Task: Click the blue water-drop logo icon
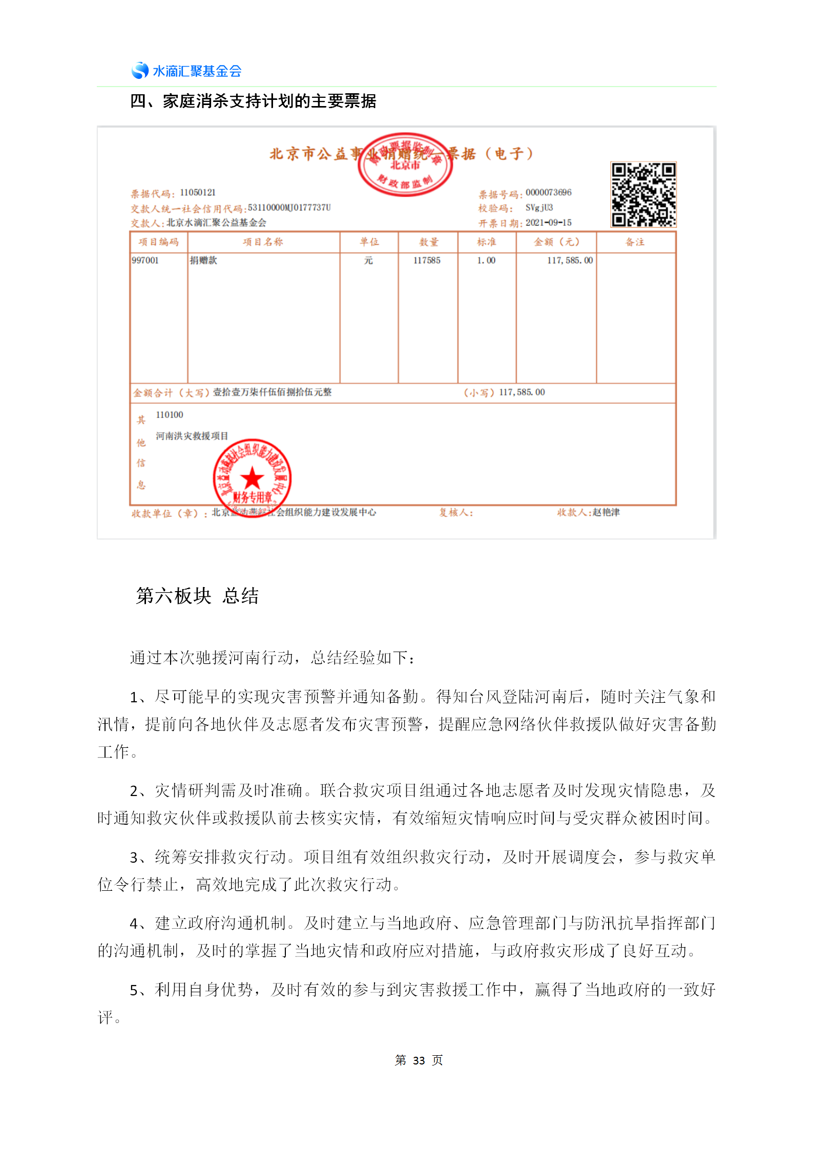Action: coord(140,70)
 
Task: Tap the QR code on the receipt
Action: coord(643,194)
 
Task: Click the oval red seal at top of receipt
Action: coord(405,165)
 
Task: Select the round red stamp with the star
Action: coord(252,478)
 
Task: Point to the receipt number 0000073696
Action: coord(548,193)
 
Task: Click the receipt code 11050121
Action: coord(198,193)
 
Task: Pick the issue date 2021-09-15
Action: coord(548,223)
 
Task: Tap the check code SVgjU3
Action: coord(539,208)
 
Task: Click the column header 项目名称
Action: coord(263,242)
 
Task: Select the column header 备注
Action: coord(635,242)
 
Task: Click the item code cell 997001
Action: coord(145,260)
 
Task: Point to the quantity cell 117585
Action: coord(427,260)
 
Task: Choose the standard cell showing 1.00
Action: coord(486,260)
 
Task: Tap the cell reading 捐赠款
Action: coord(203,260)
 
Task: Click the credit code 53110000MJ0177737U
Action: coord(289,208)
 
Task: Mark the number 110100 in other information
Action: coord(170,415)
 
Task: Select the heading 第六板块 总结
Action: coord(197,596)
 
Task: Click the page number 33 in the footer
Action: coord(419,1060)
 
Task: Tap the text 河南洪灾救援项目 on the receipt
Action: coord(192,436)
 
